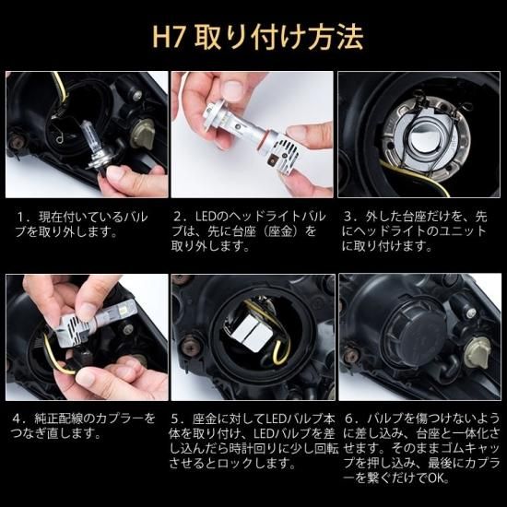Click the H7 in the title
(x=169, y=37)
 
